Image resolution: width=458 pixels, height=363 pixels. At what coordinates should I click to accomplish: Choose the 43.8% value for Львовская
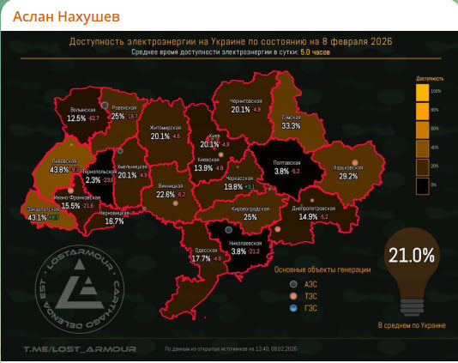click(x=59, y=170)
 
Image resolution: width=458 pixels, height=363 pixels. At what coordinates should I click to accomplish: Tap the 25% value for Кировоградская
click(x=250, y=218)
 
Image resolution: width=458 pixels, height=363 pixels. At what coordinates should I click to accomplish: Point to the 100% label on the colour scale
click(x=435, y=90)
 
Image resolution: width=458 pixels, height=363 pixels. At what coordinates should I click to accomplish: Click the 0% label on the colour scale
click(x=434, y=184)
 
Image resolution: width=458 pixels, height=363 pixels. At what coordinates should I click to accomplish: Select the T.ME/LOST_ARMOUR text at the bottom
click(x=57, y=349)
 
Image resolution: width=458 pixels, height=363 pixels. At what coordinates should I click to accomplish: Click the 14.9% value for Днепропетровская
click(x=309, y=216)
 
